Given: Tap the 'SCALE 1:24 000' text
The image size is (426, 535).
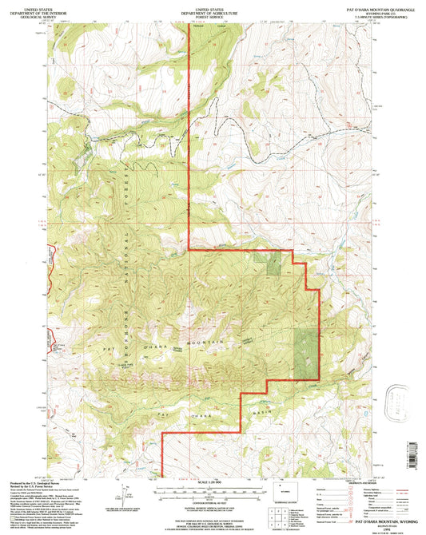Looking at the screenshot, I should click(213, 482).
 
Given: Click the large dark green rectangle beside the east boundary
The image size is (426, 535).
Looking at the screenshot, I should click(305, 351).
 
